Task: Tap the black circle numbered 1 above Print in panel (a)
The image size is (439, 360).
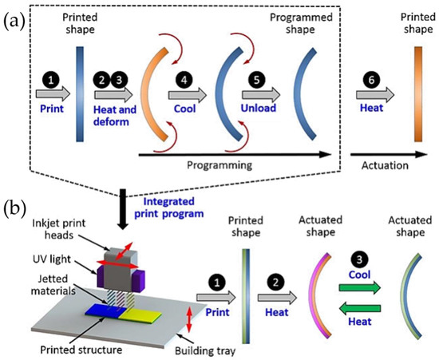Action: pyautogui.click(x=49, y=80)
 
